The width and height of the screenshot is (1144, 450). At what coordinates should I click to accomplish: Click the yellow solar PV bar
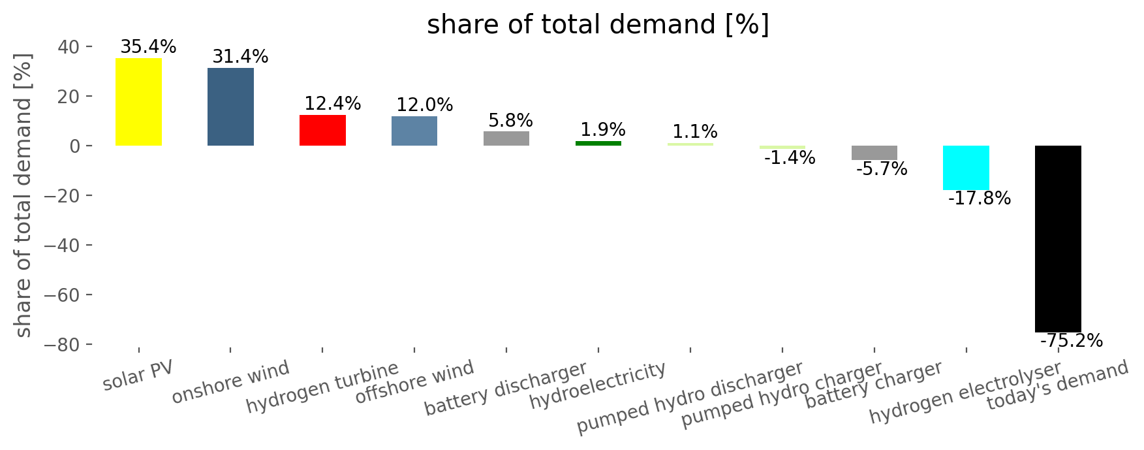[x=138, y=102]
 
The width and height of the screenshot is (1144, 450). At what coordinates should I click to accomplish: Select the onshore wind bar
[x=230, y=106]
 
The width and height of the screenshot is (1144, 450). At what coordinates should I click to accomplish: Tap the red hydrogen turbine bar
[x=322, y=130]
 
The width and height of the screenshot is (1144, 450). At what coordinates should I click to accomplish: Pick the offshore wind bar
[x=414, y=131]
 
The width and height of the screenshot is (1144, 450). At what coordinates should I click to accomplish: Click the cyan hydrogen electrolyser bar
[x=966, y=168]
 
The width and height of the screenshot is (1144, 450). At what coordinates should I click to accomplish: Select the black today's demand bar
[x=1058, y=238]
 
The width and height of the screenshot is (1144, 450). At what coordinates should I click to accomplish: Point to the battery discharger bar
[x=506, y=138]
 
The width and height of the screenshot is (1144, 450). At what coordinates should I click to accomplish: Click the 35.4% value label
[x=148, y=47]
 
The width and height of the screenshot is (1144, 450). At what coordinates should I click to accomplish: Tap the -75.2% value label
[x=1071, y=341]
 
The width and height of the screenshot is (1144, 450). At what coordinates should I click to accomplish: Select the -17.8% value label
[x=979, y=199]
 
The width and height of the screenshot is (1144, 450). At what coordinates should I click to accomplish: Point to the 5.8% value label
[x=510, y=121]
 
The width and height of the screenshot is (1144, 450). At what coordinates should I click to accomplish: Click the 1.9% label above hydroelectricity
[x=602, y=129]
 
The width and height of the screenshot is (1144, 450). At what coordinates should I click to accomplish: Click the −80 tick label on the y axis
[x=64, y=345]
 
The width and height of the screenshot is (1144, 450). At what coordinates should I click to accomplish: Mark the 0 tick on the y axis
[x=76, y=146]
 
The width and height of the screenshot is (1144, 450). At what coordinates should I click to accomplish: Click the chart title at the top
[x=598, y=25]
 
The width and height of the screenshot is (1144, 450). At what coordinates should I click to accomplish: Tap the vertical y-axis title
[x=23, y=196]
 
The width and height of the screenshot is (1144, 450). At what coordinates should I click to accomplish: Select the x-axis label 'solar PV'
[x=138, y=377]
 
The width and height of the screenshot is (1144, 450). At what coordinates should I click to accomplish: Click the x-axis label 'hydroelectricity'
[x=598, y=386]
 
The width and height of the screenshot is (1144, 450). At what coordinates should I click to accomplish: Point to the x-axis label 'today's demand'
[x=1057, y=385]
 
